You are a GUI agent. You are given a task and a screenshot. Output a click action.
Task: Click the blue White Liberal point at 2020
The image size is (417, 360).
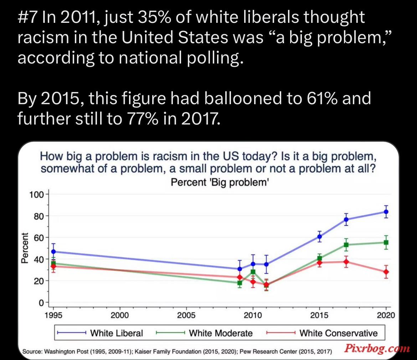click(386, 212)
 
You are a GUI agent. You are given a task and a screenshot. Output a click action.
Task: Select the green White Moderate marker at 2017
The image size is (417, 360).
click(346, 245)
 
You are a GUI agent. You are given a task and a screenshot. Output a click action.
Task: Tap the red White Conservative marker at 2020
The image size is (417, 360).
click(386, 272)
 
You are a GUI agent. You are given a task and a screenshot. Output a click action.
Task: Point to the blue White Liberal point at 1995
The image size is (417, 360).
click(53, 252)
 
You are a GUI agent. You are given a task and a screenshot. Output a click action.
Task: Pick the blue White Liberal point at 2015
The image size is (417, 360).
click(319, 237)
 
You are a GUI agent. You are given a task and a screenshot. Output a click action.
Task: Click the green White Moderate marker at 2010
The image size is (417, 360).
click(253, 272)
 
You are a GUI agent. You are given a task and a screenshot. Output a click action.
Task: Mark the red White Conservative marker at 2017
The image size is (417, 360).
click(346, 262)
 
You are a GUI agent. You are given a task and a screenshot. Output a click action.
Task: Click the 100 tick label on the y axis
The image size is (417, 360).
click(36, 195)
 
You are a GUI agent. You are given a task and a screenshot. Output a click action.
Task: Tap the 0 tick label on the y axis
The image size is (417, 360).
click(41, 303)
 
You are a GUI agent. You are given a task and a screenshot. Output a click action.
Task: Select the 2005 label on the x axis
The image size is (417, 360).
click(186, 315)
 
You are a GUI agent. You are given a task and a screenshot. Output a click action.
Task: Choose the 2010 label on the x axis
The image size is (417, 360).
click(253, 315)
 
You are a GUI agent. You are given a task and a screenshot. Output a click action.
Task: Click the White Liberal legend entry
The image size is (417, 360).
click(100, 333)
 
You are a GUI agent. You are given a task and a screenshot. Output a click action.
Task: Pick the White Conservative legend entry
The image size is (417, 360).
click(322, 333)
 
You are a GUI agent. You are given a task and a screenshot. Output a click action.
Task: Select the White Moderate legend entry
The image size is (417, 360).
click(204, 333)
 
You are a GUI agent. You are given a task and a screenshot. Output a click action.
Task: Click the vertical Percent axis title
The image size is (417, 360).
click(25, 248)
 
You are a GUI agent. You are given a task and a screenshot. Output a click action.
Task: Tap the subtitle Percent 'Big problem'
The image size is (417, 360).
click(220, 182)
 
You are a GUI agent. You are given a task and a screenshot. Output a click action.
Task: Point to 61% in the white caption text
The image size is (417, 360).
click(322, 98)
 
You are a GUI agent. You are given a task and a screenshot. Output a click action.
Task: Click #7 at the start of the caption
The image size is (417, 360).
click(28, 17)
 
